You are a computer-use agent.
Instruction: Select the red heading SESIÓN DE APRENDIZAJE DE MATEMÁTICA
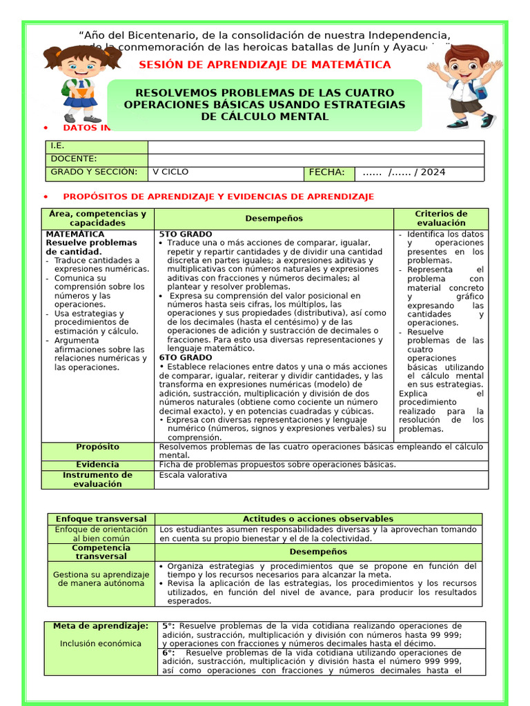tap(265, 65)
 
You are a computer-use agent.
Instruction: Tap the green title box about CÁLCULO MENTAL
tap(265, 105)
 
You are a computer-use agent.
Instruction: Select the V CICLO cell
tap(170, 172)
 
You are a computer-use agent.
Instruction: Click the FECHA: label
tap(326, 172)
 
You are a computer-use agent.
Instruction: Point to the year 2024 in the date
tap(433, 172)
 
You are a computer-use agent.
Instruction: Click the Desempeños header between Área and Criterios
tap(274, 219)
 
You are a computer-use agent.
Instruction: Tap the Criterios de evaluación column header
tap(440, 219)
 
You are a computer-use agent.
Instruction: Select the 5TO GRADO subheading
tap(186, 234)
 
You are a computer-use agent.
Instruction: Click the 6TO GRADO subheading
tap(186, 358)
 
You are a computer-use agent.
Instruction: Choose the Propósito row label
tap(97, 447)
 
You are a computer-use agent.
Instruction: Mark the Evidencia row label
tap(97, 465)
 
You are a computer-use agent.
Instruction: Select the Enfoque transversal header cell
tap(101, 519)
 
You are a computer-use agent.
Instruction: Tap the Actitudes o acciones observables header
tap(317, 519)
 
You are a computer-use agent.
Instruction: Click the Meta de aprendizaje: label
tap(101, 626)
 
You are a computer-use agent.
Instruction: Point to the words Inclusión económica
tap(101, 644)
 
